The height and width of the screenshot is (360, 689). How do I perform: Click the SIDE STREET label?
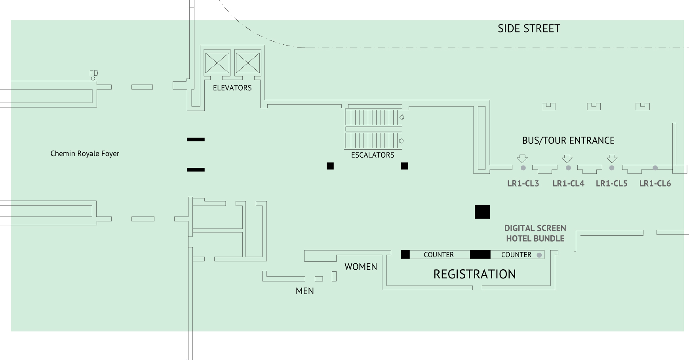pos(529,29)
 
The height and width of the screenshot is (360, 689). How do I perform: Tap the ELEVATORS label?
pos(232,88)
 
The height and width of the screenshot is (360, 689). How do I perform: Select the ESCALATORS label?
pos(373,155)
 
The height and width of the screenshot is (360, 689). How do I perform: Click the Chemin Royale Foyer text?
pos(85,154)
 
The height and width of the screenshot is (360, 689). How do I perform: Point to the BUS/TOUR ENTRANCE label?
pos(568,141)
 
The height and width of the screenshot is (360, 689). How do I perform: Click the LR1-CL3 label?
pos(523,184)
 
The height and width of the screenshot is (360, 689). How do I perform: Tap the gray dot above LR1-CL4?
pos(568,168)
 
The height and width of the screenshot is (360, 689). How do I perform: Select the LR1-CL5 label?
pos(611,184)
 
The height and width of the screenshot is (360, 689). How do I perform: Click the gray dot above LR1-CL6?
pos(655,168)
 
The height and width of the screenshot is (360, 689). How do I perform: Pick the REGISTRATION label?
pos(474,274)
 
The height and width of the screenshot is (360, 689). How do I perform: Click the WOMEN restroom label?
pos(361,267)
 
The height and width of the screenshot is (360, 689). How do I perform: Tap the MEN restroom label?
pos(305,291)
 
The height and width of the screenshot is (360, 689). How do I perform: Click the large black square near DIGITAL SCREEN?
pos(482,212)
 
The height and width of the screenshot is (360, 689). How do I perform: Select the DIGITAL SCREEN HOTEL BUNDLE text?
pos(535,233)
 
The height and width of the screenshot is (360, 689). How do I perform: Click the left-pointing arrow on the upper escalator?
pos(402,117)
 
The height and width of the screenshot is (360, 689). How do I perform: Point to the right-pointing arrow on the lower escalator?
pos(402,141)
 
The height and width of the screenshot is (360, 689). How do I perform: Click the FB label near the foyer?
pos(94,73)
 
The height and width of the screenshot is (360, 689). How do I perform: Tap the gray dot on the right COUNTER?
pos(539,255)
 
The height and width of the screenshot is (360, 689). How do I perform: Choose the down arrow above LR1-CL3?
pos(522,159)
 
